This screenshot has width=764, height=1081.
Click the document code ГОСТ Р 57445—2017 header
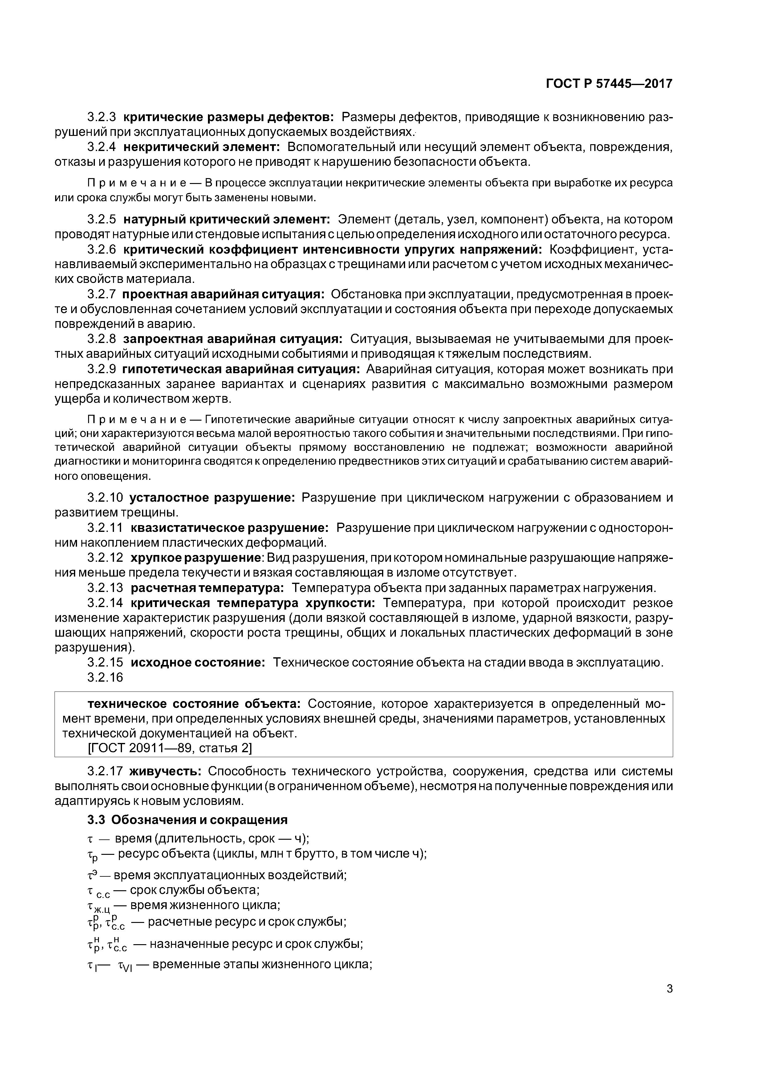(609, 84)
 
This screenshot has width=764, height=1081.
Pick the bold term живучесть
(166, 772)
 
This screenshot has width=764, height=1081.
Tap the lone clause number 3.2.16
(105, 677)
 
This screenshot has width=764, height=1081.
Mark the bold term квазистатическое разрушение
(229, 528)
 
